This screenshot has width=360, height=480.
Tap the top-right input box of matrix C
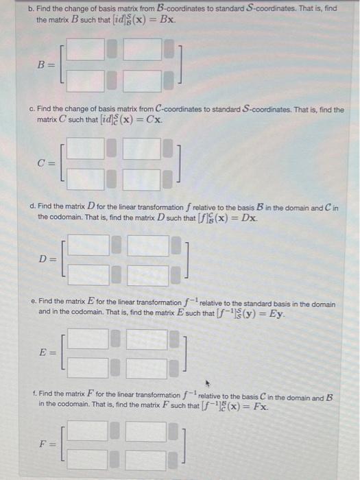143,148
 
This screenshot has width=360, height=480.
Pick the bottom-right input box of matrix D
148,276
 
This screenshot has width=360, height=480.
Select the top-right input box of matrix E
146,338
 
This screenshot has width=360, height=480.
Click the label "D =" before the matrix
47,260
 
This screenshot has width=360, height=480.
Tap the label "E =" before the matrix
47,353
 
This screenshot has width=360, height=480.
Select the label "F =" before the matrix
47,446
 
